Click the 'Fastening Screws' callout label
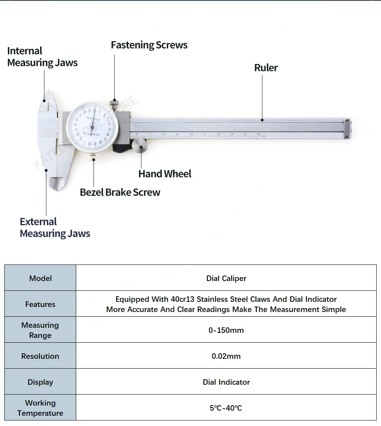[x=149, y=45]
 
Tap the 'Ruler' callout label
[x=266, y=68]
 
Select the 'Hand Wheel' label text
[x=165, y=174]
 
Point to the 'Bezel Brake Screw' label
[x=120, y=192]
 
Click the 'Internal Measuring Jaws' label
[x=42, y=57]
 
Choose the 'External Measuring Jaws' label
[x=55, y=228]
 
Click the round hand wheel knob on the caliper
[x=139, y=147]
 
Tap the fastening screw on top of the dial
[x=114, y=105]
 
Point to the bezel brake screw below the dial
[x=93, y=157]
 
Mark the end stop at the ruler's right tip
[x=347, y=128]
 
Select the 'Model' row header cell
[x=40, y=278]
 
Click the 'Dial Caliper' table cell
[x=226, y=278]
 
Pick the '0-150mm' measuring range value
[x=226, y=330]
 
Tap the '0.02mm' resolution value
[x=226, y=356]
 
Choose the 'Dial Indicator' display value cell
[x=226, y=382]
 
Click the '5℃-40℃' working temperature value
[x=226, y=408]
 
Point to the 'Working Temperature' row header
[x=40, y=408]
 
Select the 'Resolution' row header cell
[x=40, y=356]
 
